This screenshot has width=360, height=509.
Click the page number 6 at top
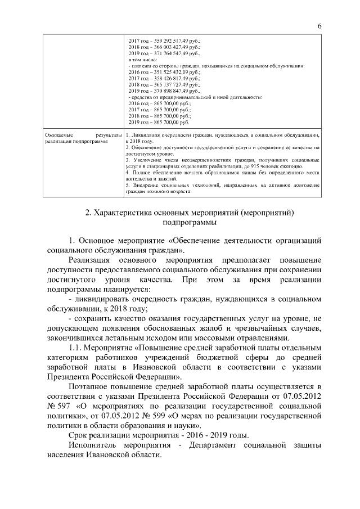click(x=319, y=26)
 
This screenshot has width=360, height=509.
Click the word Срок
click(x=78, y=436)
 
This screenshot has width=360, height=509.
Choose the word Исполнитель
click(x=96, y=445)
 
